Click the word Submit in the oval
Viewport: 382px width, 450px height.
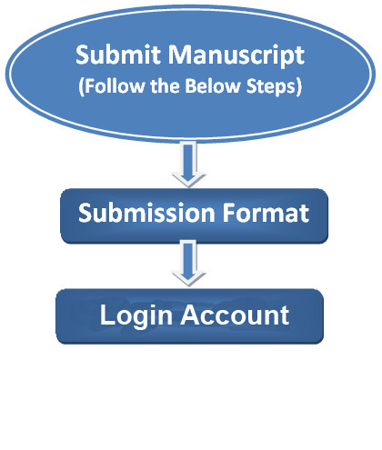pos(118,55)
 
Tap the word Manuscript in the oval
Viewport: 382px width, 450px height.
pos(236,55)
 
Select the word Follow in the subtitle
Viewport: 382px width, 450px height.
pos(115,85)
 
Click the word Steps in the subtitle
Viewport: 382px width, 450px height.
pos(270,86)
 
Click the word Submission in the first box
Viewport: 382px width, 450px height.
pos(146,213)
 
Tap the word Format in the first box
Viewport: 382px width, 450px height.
pos(266,213)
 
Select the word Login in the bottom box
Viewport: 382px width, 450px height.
pos(136,316)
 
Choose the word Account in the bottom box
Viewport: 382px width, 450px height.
pos(235,315)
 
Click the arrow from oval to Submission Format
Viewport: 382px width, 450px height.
pos(188,164)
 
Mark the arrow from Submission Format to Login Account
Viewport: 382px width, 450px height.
pos(188,263)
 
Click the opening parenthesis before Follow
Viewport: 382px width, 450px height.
pos(81,87)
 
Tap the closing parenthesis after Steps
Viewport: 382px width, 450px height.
pos(298,87)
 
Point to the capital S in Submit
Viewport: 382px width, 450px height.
pos(83,55)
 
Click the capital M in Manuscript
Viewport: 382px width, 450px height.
pos(181,55)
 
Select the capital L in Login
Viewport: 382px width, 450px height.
pos(106,315)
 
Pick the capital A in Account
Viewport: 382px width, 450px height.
pos(191,315)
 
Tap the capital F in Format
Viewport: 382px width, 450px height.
pos(229,213)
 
